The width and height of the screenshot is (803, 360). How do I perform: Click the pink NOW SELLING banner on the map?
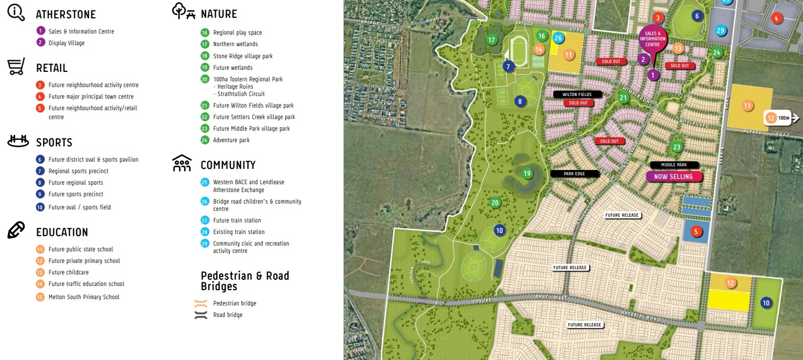tap(673, 177)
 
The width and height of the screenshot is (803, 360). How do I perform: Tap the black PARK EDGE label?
tap(574, 174)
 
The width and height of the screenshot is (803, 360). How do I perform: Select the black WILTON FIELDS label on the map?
tap(577, 94)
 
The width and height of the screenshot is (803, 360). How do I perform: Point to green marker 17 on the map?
tap(491, 40)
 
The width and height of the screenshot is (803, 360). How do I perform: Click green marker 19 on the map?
tap(527, 173)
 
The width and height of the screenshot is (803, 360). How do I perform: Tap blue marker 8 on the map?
tap(520, 101)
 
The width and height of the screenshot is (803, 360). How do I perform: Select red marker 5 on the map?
tap(696, 231)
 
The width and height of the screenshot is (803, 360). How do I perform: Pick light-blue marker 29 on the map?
tap(721, 31)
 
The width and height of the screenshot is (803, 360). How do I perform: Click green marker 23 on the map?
tap(677, 147)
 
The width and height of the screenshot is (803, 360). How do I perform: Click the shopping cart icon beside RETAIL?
tap(16, 68)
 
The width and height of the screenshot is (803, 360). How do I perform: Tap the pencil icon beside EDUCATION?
tap(16, 230)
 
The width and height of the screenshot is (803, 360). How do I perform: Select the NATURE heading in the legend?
tap(219, 14)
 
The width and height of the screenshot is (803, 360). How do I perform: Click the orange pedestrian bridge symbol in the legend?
tap(201, 303)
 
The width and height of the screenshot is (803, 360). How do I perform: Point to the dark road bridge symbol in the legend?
tap(201, 315)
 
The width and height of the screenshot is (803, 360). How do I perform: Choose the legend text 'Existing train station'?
tap(239, 232)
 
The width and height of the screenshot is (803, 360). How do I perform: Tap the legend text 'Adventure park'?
tap(231, 140)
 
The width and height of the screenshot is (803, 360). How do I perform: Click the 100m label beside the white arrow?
tap(784, 118)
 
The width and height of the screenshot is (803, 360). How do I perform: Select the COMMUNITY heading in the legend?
tap(228, 165)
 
